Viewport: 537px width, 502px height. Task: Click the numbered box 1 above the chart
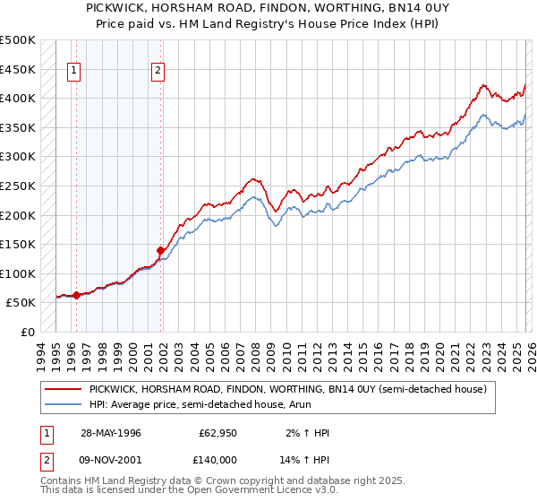(x=73, y=74)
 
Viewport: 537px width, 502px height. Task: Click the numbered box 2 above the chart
(x=158, y=74)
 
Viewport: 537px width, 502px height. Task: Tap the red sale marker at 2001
(x=161, y=250)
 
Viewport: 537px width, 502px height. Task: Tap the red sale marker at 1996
(x=76, y=295)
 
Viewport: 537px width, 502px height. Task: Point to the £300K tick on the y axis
(x=18, y=157)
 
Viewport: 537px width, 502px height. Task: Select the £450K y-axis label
(x=18, y=69)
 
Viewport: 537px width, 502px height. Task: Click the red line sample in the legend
(x=63, y=390)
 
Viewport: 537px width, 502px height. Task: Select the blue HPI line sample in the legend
(x=63, y=404)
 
